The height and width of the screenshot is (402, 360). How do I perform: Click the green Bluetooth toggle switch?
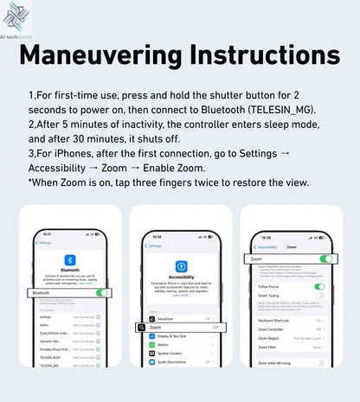point(103,293)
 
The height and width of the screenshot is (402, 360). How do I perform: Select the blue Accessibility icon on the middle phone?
point(181,266)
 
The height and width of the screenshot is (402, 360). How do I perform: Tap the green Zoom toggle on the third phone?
point(326,258)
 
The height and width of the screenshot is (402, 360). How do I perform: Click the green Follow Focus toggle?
point(319,286)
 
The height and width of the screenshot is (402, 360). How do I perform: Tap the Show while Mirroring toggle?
point(319,363)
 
